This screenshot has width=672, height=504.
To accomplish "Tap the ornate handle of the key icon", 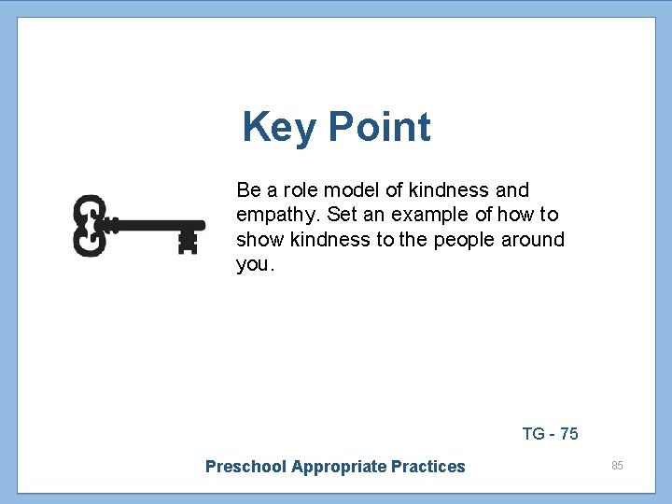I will [x=89, y=225].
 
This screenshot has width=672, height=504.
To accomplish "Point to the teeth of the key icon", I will [x=189, y=241].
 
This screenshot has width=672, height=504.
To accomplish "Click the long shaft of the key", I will [x=149, y=225].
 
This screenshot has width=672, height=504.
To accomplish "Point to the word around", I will [x=534, y=240].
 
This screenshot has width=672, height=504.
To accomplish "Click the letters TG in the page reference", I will [x=534, y=434].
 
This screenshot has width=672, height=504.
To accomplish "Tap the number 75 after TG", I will [x=568, y=434].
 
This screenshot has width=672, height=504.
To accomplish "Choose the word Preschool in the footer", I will [x=245, y=467].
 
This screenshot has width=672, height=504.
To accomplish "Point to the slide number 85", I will [x=617, y=465].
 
